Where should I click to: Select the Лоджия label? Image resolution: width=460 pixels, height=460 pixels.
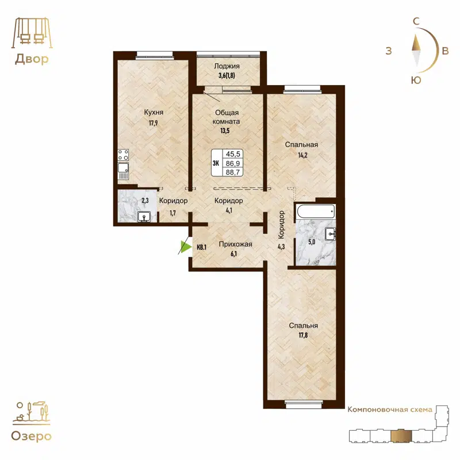tap(228, 66)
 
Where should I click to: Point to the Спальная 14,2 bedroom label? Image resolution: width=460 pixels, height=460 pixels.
tap(301, 145)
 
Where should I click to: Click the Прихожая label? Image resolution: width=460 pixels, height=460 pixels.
tap(236, 244)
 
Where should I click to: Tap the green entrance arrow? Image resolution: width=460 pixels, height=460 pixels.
tap(185, 247)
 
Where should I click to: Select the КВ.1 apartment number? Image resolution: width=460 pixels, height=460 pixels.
tap(201, 248)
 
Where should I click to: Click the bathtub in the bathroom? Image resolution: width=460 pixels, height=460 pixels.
tap(315, 211)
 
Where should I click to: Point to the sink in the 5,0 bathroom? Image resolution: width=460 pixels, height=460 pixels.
tap(330, 233)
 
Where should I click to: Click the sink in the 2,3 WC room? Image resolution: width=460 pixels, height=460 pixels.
tap(144, 216)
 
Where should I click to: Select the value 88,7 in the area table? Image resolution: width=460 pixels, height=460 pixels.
tap(233, 172)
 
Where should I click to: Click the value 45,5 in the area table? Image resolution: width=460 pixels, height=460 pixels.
tap(233, 154)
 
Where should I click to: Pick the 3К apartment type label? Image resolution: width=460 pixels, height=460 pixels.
tap(217, 163)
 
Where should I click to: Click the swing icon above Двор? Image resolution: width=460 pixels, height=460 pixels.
tap(30, 33)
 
